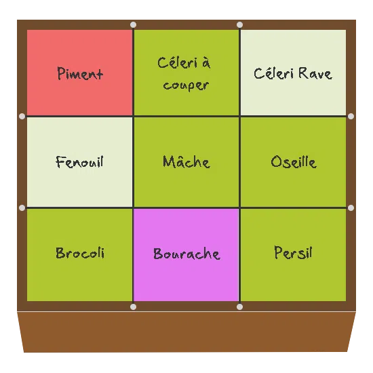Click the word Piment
point(80,73)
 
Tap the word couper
point(186,85)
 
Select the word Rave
point(315,73)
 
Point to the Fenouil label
point(79,162)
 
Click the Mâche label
point(186,161)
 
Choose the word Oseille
point(294,162)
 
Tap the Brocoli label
point(80,253)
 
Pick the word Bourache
point(186,254)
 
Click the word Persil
point(293,252)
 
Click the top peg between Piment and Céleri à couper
point(134,24)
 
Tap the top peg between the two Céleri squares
point(240,24)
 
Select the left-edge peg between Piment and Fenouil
point(22,117)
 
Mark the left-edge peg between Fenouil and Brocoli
point(22,208)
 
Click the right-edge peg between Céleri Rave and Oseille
point(351,117)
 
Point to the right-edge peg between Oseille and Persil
point(351,208)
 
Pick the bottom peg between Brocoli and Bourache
point(134,307)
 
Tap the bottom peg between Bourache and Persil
point(240,307)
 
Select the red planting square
point(80,73)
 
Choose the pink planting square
point(186,255)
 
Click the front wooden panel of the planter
point(186,332)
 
